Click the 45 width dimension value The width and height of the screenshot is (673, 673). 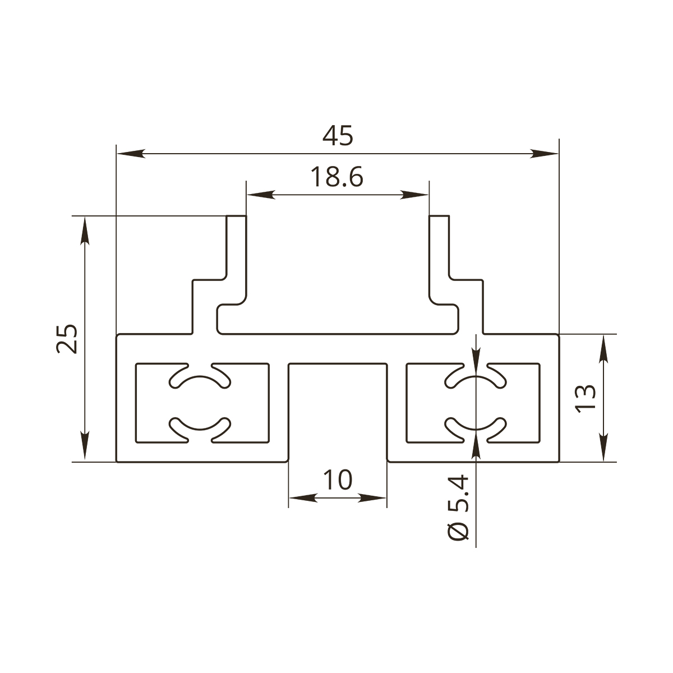pyautogui.click(x=338, y=136)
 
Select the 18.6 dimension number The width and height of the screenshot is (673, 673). pyautogui.click(x=337, y=177)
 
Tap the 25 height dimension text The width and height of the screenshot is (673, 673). pyautogui.click(x=67, y=339)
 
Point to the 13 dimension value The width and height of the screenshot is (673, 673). pyautogui.click(x=586, y=399)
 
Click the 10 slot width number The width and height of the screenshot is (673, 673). pyautogui.click(x=338, y=480)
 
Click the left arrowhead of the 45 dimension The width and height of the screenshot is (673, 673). pyautogui.click(x=131, y=154)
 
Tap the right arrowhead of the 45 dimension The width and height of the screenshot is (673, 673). pyautogui.click(x=544, y=154)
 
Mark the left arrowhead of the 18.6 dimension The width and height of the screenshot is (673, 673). pyautogui.click(x=261, y=195)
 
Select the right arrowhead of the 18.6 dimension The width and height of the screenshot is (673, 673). pyautogui.click(x=414, y=195)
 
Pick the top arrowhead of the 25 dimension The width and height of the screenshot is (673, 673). pyautogui.click(x=85, y=231)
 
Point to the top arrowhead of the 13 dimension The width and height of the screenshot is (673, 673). pyautogui.click(x=603, y=349)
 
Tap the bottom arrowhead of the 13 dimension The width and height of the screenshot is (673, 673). pyautogui.click(x=603, y=446)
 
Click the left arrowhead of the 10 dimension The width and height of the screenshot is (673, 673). pyautogui.click(x=303, y=498)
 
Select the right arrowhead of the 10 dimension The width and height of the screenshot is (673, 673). pyautogui.click(x=372, y=498)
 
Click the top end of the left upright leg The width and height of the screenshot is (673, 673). pyautogui.click(x=237, y=216)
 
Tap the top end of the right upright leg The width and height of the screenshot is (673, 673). pyautogui.click(x=439, y=216)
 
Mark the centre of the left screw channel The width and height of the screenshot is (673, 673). pyautogui.click(x=200, y=403)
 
